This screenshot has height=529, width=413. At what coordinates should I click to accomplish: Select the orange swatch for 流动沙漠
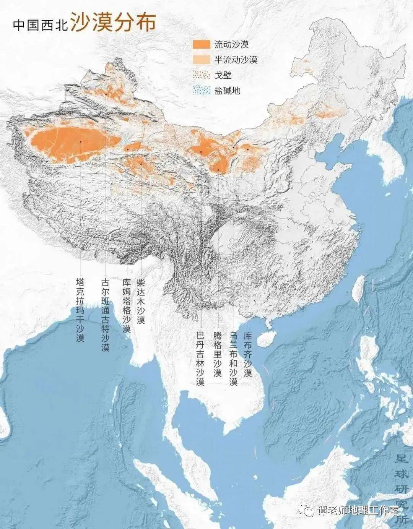[x=201, y=44]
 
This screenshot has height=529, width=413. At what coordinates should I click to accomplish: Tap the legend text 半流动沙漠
[x=236, y=60]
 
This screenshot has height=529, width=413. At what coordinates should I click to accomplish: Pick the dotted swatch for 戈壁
[x=201, y=75]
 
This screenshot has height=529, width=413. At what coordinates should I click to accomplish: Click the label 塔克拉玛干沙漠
[x=80, y=310]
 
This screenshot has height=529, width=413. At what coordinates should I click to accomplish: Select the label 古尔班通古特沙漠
[x=105, y=315]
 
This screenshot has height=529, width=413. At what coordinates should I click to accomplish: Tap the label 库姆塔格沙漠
[x=127, y=305]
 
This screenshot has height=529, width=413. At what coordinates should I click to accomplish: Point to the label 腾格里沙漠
[x=218, y=354]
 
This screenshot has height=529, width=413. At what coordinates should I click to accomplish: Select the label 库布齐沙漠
[x=248, y=354]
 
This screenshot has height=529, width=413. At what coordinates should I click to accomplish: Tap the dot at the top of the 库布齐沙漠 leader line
[x=248, y=149]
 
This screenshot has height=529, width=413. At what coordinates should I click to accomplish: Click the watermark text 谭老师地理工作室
[x=358, y=511]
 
